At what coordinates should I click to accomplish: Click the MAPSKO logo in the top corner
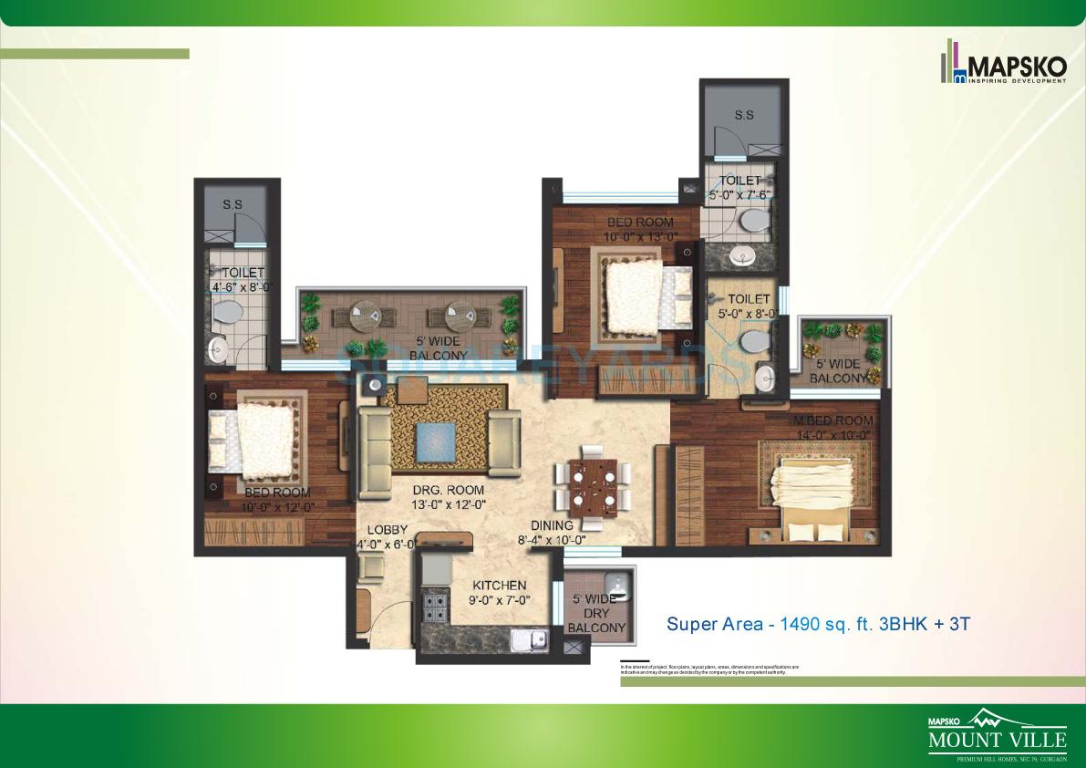click(1003, 64)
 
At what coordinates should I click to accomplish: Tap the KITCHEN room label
click(499, 586)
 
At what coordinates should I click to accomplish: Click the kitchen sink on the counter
click(528, 640)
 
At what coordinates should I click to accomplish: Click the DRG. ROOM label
click(448, 491)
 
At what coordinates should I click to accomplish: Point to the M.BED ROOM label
click(833, 420)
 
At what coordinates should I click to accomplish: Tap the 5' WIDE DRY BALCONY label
click(596, 613)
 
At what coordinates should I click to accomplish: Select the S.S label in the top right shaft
click(744, 115)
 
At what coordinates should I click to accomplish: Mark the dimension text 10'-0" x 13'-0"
click(641, 237)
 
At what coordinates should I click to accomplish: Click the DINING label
click(553, 525)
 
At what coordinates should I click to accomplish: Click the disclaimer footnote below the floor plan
click(709, 669)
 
